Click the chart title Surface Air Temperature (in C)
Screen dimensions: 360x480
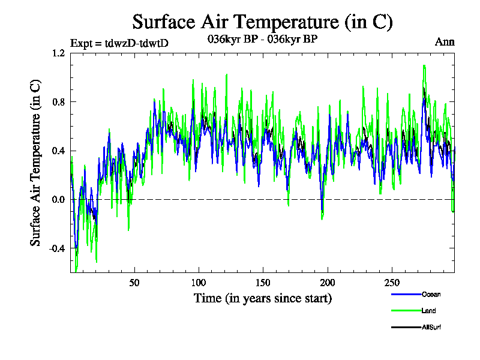click(262, 22)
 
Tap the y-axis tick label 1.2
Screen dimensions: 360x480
click(58, 53)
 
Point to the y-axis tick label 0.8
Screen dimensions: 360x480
click(58, 101)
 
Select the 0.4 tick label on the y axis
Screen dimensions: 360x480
click(58, 151)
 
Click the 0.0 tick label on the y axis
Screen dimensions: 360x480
click(58, 199)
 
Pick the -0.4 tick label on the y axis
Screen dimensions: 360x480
click(57, 248)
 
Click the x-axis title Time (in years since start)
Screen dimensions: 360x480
click(262, 298)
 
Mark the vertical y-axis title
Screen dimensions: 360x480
click(36, 163)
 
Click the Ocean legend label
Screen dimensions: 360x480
click(431, 295)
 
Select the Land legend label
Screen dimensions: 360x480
click(429, 311)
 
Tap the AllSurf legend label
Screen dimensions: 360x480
click(432, 327)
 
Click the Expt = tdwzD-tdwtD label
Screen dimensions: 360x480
click(124, 43)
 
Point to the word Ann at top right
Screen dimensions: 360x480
click(445, 42)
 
